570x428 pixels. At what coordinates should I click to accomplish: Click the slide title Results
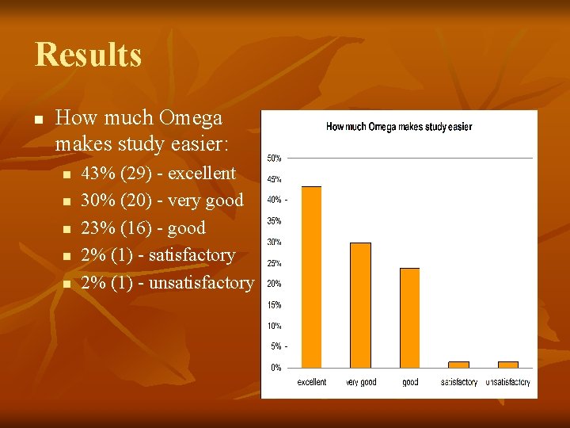pyautogui.click(x=88, y=55)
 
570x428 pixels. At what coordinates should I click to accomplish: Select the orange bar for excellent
pyautogui.click(x=311, y=277)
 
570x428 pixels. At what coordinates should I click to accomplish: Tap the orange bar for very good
pyautogui.click(x=360, y=304)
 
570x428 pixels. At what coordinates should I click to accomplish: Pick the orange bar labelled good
pyautogui.click(x=409, y=317)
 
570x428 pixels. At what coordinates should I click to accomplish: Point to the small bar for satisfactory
pyautogui.click(x=458, y=365)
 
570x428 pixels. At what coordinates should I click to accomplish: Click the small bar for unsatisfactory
pyautogui.click(x=507, y=365)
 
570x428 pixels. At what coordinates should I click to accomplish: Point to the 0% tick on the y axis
pyautogui.click(x=276, y=368)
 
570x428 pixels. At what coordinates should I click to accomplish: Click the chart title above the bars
pyautogui.click(x=399, y=127)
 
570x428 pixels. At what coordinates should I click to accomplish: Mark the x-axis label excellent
pyautogui.click(x=311, y=382)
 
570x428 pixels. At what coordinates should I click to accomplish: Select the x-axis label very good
pyautogui.click(x=361, y=382)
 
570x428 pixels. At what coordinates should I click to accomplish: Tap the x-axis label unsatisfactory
pyautogui.click(x=507, y=382)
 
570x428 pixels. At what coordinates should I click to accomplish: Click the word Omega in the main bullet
pyautogui.click(x=190, y=118)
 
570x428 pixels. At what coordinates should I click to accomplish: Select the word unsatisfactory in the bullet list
pyautogui.click(x=200, y=282)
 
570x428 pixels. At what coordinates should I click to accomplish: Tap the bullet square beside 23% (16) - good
pyautogui.click(x=67, y=229)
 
